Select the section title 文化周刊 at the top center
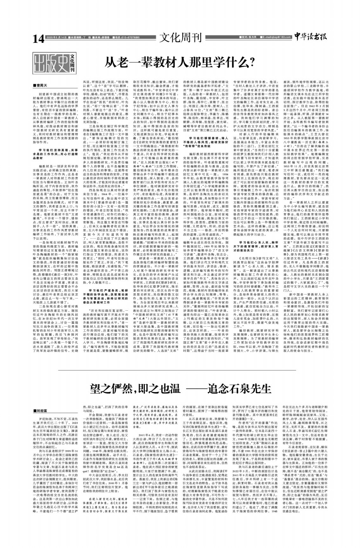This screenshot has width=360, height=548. [180, 37]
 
